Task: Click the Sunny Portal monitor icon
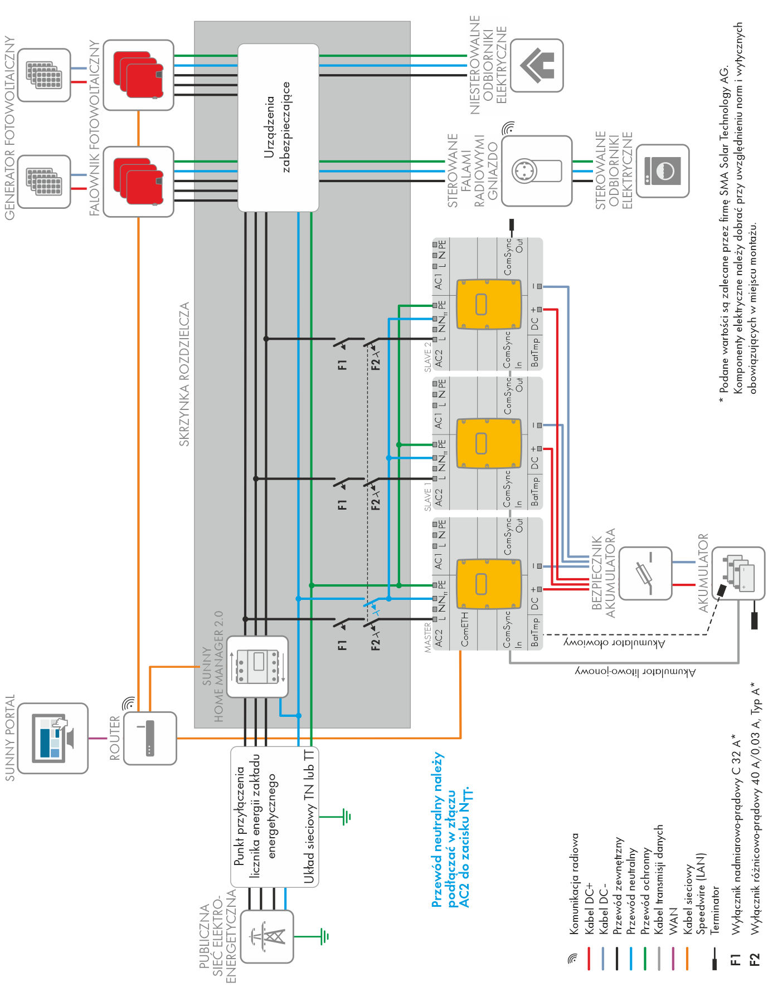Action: (53, 738)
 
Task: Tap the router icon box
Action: (150, 738)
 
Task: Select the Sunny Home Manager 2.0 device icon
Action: (257, 666)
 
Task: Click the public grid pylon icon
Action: (267, 936)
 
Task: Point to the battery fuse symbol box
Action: (645, 573)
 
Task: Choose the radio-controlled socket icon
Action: (537, 171)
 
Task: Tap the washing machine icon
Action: (663, 171)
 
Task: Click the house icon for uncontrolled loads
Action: (537, 65)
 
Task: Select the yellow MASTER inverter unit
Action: (489, 583)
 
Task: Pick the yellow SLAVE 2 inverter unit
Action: (489, 304)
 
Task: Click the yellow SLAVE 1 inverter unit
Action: (489, 443)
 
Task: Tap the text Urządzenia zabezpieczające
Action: (277, 127)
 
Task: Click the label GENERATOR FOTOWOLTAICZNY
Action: (9, 128)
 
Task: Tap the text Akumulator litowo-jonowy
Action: (635, 672)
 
